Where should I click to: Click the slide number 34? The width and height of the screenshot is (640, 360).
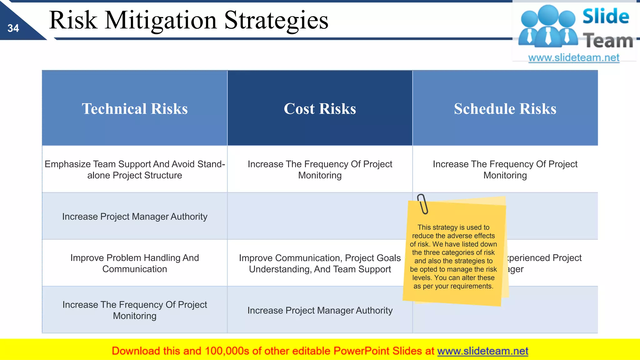coord(13,28)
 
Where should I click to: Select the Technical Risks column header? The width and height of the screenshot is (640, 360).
coord(135,108)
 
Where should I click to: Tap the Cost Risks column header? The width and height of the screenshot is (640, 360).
coord(320,108)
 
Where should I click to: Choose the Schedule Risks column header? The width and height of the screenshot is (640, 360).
coord(505,108)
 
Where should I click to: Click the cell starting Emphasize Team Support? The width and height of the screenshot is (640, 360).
coord(135,169)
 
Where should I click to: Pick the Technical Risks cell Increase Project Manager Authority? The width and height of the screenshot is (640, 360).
coord(135,217)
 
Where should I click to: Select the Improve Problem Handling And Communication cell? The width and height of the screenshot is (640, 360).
coord(135,263)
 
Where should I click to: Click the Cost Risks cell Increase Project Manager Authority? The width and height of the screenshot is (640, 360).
coord(320,310)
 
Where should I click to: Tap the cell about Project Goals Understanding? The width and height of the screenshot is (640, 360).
coord(320,263)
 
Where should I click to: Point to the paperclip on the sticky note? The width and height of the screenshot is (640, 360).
coord(422,204)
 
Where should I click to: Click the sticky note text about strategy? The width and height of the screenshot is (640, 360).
coord(453,257)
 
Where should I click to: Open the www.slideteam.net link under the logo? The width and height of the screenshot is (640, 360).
coord(574,57)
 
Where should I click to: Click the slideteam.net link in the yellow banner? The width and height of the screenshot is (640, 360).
coord(482,351)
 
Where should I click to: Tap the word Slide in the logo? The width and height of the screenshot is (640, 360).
coord(606,16)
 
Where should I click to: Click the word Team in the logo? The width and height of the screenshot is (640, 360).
coord(608,41)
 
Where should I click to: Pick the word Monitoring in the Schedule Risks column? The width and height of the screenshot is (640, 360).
coord(505,175)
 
